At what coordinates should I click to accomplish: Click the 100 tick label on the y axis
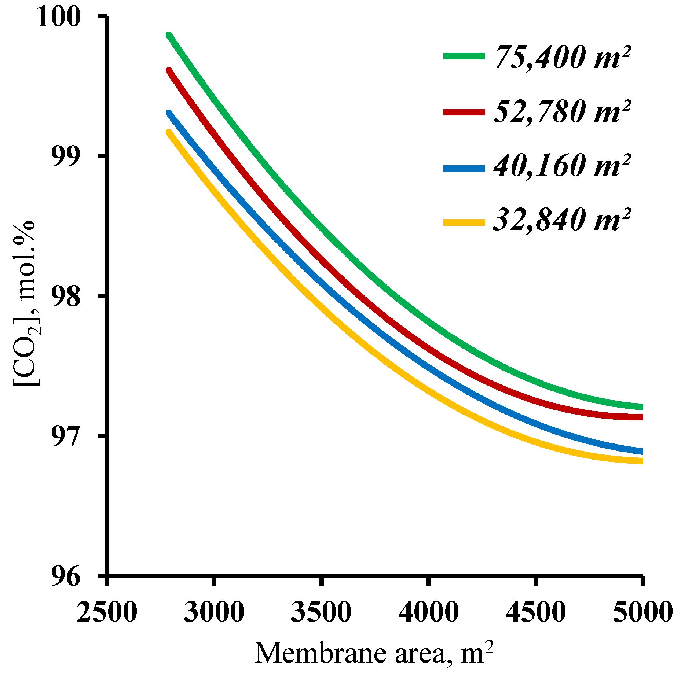coord(58,17)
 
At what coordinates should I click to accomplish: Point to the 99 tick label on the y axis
coord(65,157)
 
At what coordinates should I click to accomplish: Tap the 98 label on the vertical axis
coord(65,297)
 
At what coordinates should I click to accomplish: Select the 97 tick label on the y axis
coord(65,437)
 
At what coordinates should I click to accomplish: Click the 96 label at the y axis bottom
coord(65,577)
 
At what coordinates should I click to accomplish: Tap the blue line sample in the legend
coord(464,169)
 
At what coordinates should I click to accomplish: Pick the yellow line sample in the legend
coord(464,222)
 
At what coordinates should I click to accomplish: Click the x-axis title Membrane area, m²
coord(374,653)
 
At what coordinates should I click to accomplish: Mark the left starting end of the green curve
coord(169,35)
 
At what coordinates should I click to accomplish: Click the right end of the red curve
coord(641,417)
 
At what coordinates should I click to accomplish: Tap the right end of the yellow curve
coord(641,461)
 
